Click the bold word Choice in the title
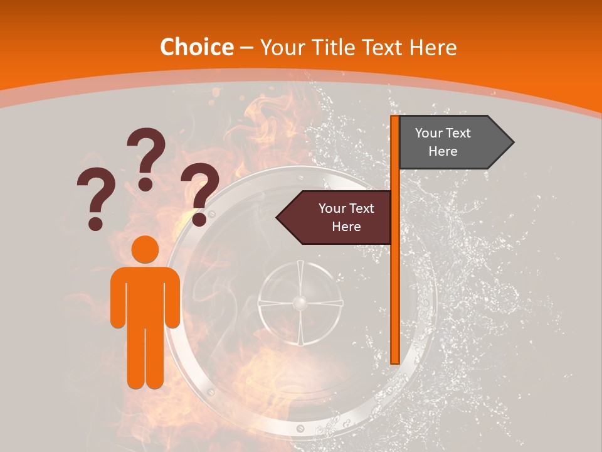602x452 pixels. coord(196,47)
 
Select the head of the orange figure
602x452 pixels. coord(145,250)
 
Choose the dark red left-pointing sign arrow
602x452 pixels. coord(336,217)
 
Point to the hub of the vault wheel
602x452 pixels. coord(300,304)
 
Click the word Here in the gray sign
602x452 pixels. coord(443,151)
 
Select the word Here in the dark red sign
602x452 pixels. coord(346,227)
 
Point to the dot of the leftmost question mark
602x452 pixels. coord(95,223)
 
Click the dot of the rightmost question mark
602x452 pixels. coord(199,219)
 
